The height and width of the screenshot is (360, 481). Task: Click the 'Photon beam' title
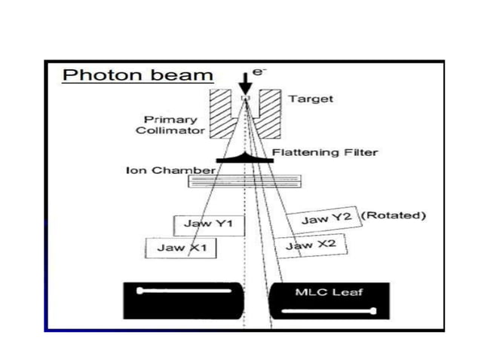click(x=138, y=75)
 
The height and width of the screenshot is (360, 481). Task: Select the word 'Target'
click(x=310, y=99)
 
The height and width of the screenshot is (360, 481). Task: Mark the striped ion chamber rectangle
click(x=244, y=181)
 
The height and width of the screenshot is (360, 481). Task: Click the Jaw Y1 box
click(x=210, y=224)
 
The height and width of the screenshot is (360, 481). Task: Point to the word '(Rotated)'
click(x=394, y=215)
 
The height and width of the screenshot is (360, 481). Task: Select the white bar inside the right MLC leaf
click(x=329, y=310)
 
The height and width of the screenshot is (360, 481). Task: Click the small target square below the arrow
click(x=244, y=99)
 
